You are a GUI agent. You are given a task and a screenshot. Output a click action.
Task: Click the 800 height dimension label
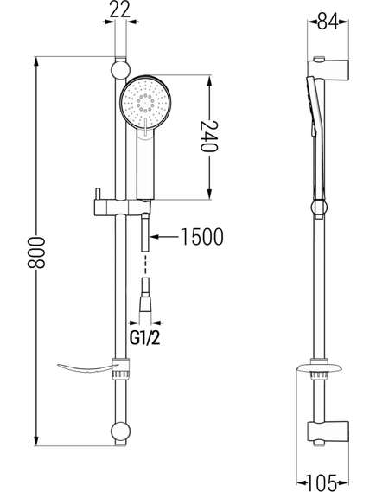click(x=36, y=252)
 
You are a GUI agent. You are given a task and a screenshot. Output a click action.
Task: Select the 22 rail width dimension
click(x=121, y=10)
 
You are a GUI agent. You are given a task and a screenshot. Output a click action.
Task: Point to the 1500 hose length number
click(x=202, y=237)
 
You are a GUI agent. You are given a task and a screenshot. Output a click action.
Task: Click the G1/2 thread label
click(x=145, y=338)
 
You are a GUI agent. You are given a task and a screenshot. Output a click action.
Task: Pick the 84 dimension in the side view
click(x=328, y=22)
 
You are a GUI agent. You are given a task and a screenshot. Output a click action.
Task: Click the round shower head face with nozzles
click(x=145, y=103)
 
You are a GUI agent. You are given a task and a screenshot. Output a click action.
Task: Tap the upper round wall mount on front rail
click(x=120, y=70)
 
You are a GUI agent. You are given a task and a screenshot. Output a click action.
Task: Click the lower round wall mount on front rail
click(x=120, y=431)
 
